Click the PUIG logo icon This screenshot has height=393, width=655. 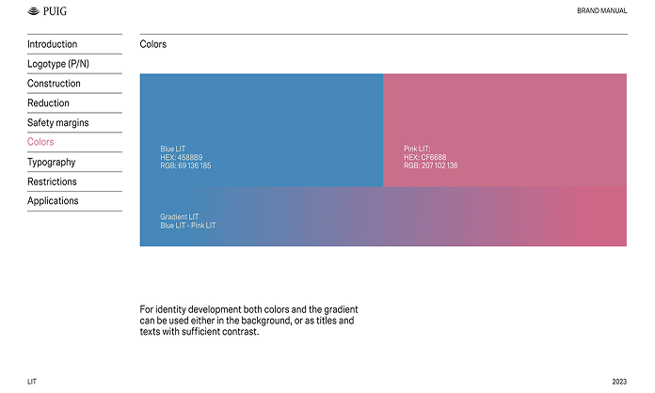coord(34,11)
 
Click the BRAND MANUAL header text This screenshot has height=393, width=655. coord(602,11)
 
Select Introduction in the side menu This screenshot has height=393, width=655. coord(52,44)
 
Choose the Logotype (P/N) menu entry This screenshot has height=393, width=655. coord(58,64)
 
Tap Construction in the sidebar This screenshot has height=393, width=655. coord(54,84)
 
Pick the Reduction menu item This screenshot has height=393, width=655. coord(48,103)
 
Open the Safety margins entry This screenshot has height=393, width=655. coord(58,122)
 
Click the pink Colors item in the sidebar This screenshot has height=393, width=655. coord(40,142)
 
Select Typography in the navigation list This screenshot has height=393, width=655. coord(52,162)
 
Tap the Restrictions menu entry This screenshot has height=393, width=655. coord(52,181)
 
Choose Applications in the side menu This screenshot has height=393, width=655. coord(53,201)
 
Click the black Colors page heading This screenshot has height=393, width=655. coord(153,44)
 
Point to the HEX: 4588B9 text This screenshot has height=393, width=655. coord(182,157)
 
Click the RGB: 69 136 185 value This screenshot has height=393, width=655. coord(185,165)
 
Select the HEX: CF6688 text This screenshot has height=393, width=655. coord(424,157)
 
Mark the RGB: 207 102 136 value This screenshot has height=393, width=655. coord(431,165)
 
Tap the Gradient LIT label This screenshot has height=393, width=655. coord(179,217)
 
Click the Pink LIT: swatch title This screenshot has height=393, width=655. coord(417,149)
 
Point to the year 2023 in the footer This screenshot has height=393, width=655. coord(619,382)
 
